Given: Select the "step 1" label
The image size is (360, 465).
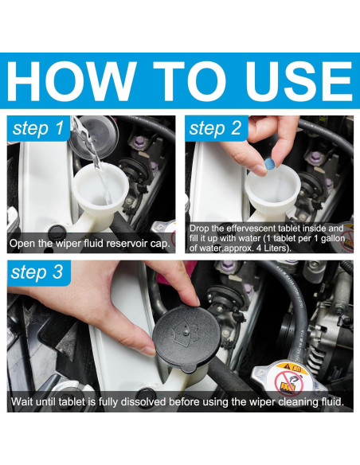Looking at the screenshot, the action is pyautogui.click(x=38, y=128).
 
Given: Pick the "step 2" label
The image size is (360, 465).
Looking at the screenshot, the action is pyautogui.click(x=215, y=128).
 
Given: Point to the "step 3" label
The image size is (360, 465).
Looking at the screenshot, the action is pyautogui.click(x=37, y=272).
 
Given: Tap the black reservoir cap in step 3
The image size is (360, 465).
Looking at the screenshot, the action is pyautogui.click(x=186, y=338).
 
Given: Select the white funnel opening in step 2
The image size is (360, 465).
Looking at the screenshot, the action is pyautogui.click(x=273, y=187).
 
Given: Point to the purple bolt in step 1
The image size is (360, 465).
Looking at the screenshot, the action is pyautogui.click(x=139, y=143).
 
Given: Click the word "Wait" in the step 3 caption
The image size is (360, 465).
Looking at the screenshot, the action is pyautogui.click(x=22, y=402).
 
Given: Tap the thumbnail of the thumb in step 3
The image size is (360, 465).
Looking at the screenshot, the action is pyautogui.click(x=148, y=351).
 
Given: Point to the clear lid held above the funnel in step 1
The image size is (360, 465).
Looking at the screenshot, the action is pyautogui.click(x=94, y=137).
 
